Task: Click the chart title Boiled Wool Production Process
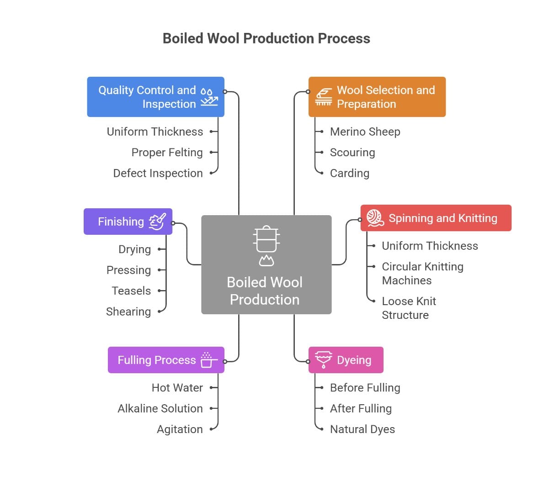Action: click(x=266, y=38)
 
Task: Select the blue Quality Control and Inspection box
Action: click(x=155, y=97)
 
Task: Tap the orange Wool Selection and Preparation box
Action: click(x=377, y=97)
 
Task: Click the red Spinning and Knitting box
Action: click(x=436, y=218)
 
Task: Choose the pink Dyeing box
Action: click(x=346, y=360)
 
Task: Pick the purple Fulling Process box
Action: click(x=166, y=360)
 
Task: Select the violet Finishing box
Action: click(x=128, y=222)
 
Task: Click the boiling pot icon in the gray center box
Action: click(x=266, y=245)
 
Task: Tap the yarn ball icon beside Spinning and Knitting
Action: click(x=375, y=218)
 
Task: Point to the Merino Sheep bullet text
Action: click(x=365, y=132)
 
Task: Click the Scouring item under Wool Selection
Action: click(x=352, y=153)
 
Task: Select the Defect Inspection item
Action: click(x=158, y=173)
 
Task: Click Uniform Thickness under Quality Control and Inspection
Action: click(x=155, y=132)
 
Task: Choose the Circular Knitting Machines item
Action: click(x=422, y=273)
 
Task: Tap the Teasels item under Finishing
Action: click(x=131, y=291)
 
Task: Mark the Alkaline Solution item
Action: click(x=160, y=408)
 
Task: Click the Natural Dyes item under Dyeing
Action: click(x=362, y=429)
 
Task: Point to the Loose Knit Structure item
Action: click(x=409, y=308)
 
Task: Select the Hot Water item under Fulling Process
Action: click(x=177, y=388)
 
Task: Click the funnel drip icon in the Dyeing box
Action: click(x=324, y=360)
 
